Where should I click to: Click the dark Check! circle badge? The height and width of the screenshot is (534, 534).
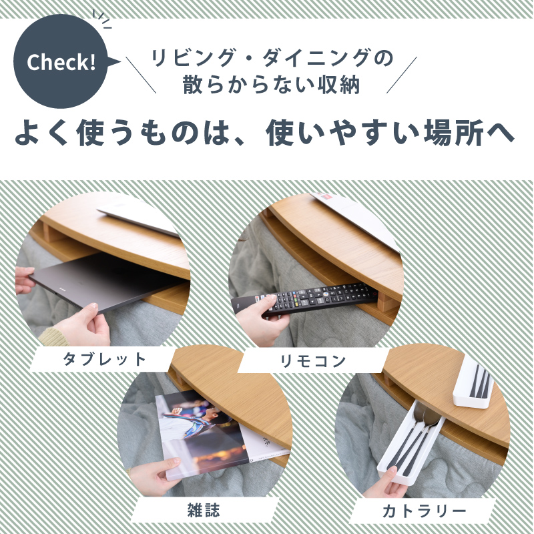point(61,63)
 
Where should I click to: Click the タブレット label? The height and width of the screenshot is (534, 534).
point(104,359)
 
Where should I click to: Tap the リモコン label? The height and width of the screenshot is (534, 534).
point(313,361)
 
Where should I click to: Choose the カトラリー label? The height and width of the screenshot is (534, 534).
point(424,513)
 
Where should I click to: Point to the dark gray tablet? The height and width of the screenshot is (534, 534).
point(107,280)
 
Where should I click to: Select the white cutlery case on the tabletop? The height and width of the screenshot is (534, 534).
point(475,383)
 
